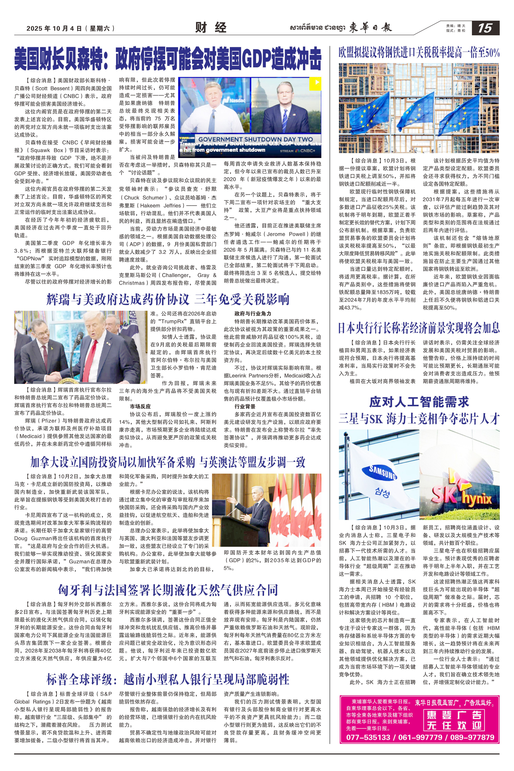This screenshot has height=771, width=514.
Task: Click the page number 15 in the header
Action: coord(485,28)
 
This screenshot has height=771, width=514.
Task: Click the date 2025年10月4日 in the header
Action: coord(54,29)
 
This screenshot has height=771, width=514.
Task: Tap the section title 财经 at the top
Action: coord(211,28)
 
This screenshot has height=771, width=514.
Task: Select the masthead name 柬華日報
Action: coord(370,28)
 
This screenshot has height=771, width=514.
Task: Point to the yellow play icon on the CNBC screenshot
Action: coord(317,82)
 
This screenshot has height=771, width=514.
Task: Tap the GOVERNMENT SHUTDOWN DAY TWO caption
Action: coord(255,139)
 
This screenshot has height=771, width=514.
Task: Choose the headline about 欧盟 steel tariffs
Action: coord(419,52)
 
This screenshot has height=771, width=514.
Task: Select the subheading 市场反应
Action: coord(140,406)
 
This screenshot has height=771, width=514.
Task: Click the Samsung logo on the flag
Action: coord(382,472)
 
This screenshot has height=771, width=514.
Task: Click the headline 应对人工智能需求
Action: coord(419,402)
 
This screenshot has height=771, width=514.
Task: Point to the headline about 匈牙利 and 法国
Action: coord(167,590)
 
